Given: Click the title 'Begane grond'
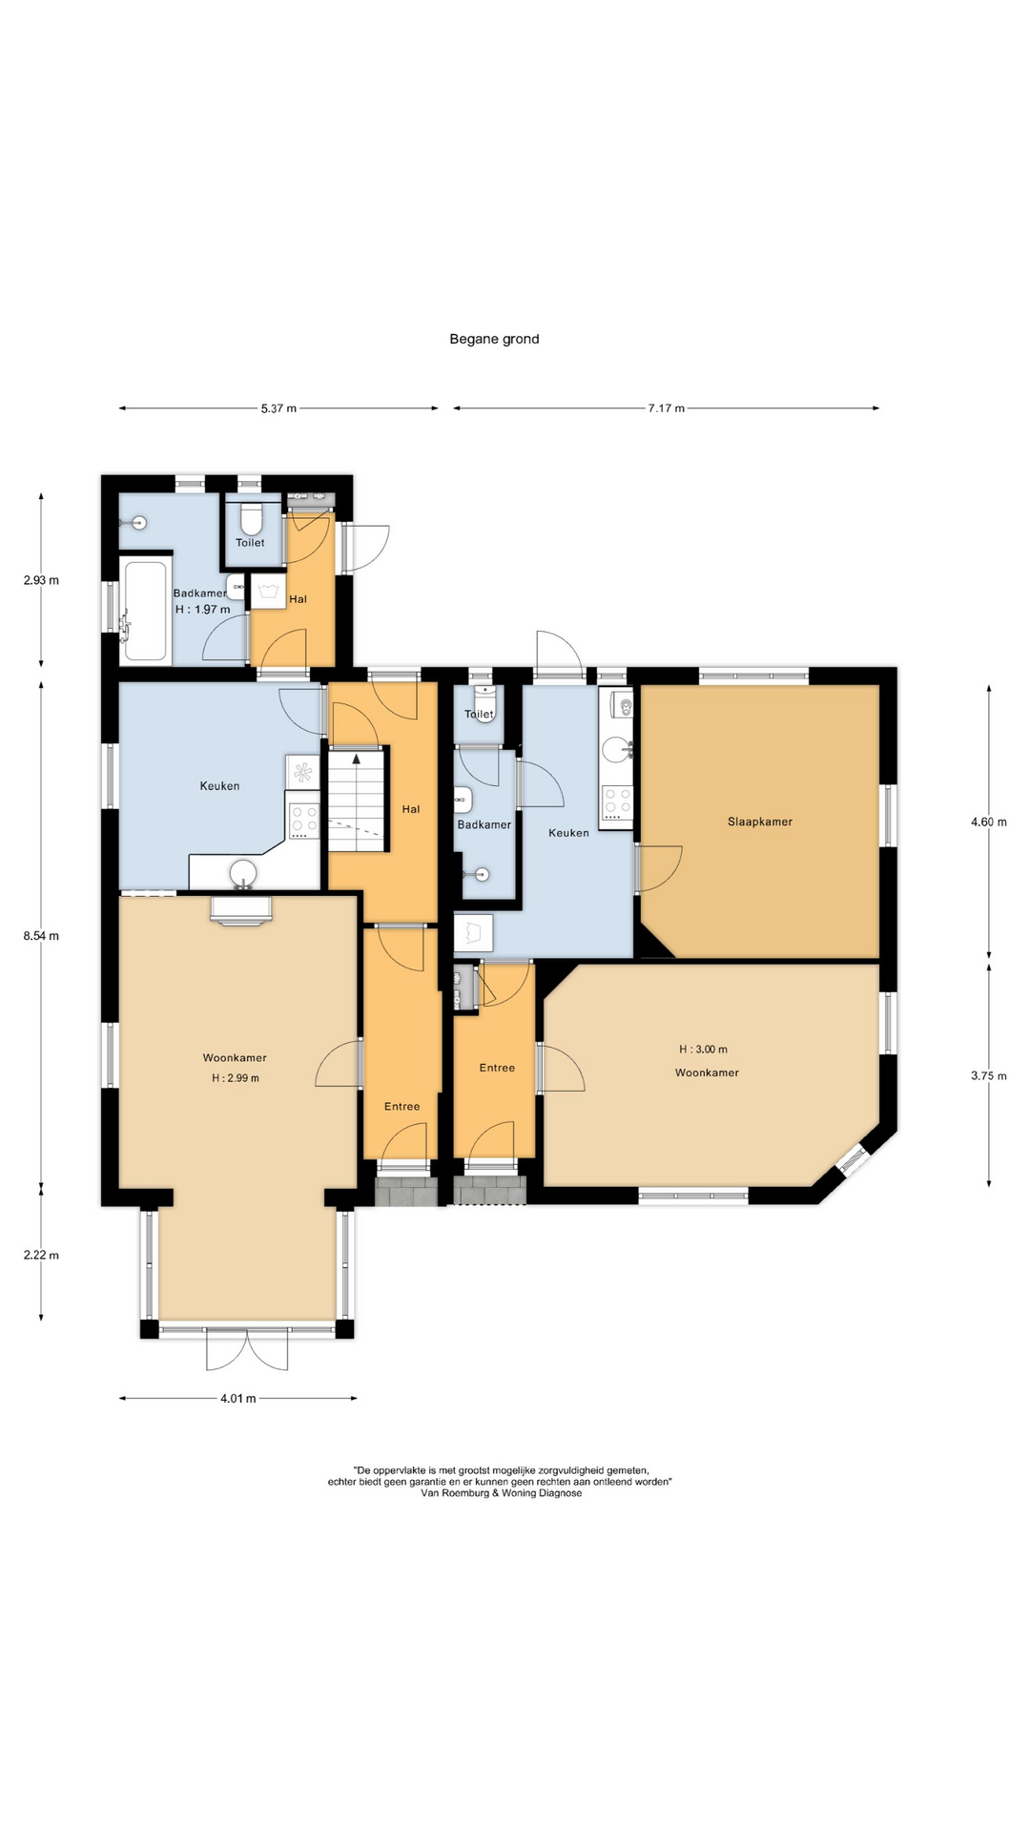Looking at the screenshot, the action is (494, 339).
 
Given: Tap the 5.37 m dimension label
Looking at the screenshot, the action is (278, 408).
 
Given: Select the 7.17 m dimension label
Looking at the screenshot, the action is (667, 408).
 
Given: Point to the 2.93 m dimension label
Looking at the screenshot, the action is (41, 580).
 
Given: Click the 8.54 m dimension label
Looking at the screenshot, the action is (41, 936).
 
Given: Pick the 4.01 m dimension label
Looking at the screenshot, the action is (238, 1399).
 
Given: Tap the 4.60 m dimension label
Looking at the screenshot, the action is (989, 822).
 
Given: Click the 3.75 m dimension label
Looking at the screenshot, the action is (989, 1076).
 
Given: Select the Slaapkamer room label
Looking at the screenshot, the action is (760, 822).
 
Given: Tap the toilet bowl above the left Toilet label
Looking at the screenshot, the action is (251, 519).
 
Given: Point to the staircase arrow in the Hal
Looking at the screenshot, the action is (358, 760).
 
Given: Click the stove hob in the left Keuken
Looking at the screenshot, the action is (304, 821).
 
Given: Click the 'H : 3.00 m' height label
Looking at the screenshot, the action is (703, 1050).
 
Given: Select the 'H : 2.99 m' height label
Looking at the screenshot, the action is (236, 1078).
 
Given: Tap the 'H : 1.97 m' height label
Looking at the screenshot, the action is (202, 610).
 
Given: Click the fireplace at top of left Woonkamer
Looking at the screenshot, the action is (241, 911).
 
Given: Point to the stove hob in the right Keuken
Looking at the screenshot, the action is (617, 802).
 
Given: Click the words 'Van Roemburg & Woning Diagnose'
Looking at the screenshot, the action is (501, 1493).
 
